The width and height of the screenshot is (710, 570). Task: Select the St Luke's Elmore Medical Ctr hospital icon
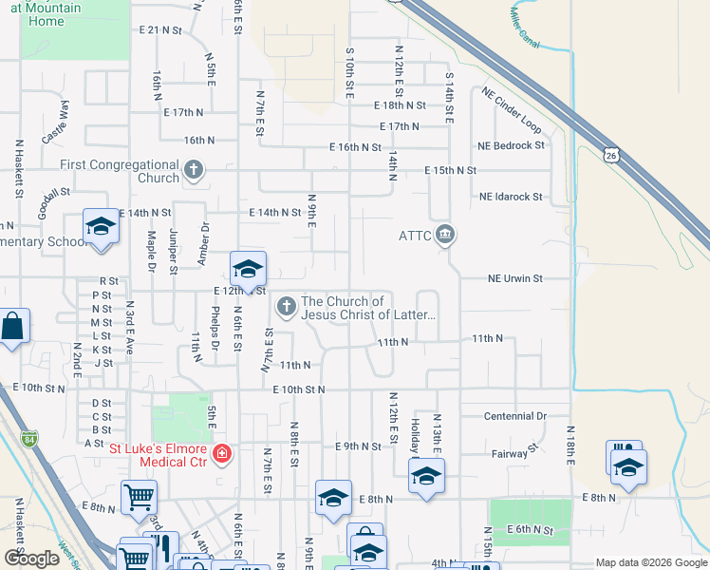click(x=222, y=454)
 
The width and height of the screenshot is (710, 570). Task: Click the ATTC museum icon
click(x=444, y=234)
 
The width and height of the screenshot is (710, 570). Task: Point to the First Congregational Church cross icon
click(x=193, y=171)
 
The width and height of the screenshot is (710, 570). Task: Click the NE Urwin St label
click(x=510, y=279)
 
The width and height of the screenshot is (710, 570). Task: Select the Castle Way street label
click(x=55, y=121)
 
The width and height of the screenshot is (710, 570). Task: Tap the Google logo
click(x=32, y=559)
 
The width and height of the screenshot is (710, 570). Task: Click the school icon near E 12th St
click(x=248, y=269)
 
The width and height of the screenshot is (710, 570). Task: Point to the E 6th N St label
click(x=529, y=529)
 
